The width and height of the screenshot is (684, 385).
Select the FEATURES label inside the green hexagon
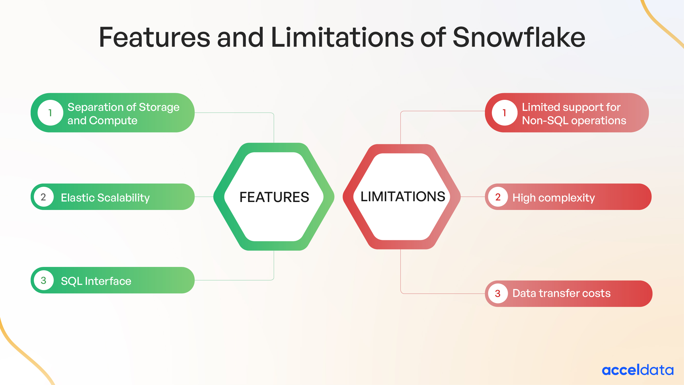pyautogui.click(x=274, y=197)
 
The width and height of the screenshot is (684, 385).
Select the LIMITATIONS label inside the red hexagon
pyautogui.click(x=403, y=197)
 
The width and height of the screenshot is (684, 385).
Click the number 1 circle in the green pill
pyautogui.click(x=50, y=113)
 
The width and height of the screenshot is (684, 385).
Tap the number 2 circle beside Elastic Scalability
pyautogui.click(x=44, y=197)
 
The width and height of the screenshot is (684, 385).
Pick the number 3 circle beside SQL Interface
pyautogui.click(x=44, y=280)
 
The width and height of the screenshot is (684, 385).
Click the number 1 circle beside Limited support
pyautogui.click(x=504, y=113)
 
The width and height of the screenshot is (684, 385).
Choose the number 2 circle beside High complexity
pyautogui.click(x=498, y=197)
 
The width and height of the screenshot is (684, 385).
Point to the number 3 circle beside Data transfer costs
pyautogui.click(x=498, y=293)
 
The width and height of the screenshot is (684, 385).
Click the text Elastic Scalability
pyautogui.click(x=105, y=198)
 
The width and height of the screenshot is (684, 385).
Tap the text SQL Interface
pyautogui.click(x=96, y=281)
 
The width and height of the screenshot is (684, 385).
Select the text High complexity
pyautogui.click(x=553, y=198)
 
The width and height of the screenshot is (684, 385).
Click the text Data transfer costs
pyautogui.click(x=561, y=293)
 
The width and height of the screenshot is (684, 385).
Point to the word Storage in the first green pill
pyautogui.click(x=159, y=107)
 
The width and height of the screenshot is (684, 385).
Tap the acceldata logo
pyautogui.click(x=638, y=370)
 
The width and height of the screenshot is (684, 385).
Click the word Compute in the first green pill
pyautogui.click(x=113, y=121)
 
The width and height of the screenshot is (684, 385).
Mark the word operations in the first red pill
pyautogui.click(x=599, y=121)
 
